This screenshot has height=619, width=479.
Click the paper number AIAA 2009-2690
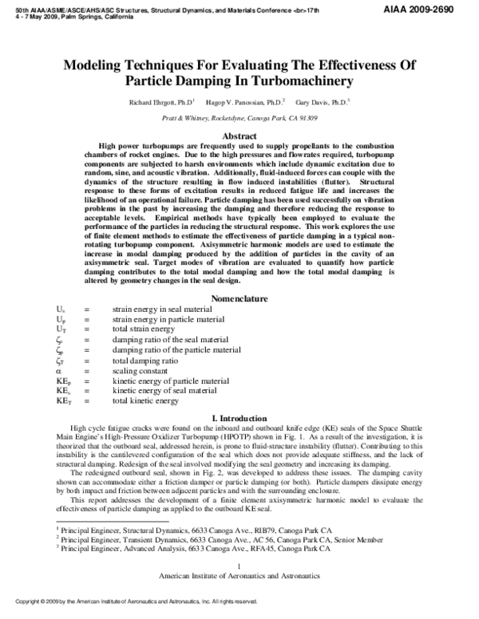[437, 6]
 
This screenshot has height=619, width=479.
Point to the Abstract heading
[239, 136]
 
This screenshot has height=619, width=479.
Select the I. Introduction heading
[239, 418]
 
